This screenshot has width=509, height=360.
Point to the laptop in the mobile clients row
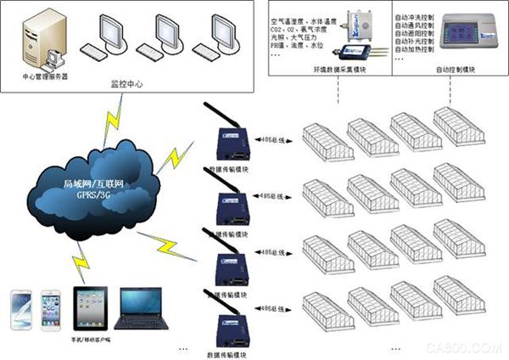[137, 310]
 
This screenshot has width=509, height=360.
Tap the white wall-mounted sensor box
[355, 21]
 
